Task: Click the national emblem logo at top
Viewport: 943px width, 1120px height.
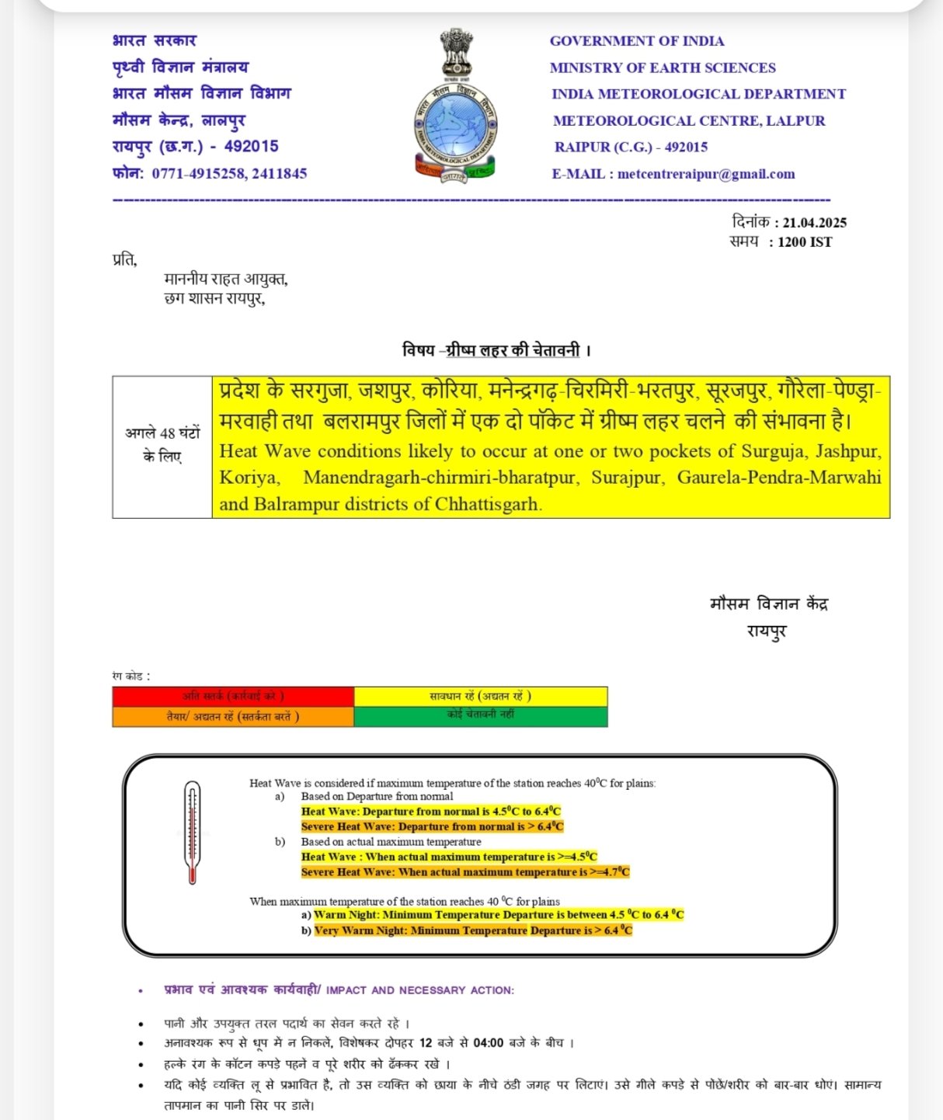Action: tap(455, 105)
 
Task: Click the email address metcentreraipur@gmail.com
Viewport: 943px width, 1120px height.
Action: tap(706, 174)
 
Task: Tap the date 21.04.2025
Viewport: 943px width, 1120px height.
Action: tap(814, 222)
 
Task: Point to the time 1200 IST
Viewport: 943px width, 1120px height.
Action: tap(805, 242)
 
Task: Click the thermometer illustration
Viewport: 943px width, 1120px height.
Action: tap(192, 833)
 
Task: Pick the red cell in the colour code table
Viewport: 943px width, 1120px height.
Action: tap(233, 697)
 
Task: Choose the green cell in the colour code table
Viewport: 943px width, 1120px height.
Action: tap(481, 716)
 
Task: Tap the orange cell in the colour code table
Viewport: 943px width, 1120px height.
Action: tap(233, 716)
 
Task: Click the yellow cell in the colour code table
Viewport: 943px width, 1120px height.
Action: tap(481, 697)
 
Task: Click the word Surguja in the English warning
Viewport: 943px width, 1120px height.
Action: tap(772, 451)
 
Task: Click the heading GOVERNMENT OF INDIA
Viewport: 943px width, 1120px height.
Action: tap(637, 41)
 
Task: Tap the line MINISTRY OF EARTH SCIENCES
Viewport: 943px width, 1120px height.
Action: tap(663, 68)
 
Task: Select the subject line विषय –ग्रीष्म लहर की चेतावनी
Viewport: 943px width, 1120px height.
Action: tap(496, 350)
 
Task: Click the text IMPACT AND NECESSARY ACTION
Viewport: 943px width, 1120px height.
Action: tap(419, 990)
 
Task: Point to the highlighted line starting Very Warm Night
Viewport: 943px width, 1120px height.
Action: tap(473, 930)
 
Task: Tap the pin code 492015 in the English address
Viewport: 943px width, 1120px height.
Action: tap(686, 147)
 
